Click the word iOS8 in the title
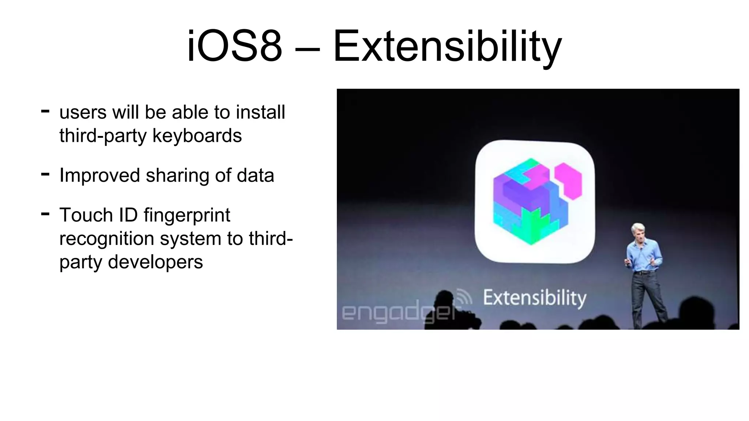point(234,46)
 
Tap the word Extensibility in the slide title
point(447,46)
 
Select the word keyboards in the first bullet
point(197,136)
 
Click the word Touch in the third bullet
point(86,215)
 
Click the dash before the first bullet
point(45,111)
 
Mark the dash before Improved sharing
point(45,174)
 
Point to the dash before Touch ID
point(45,214)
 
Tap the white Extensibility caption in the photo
point(534,297)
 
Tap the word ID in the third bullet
point(128,215)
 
